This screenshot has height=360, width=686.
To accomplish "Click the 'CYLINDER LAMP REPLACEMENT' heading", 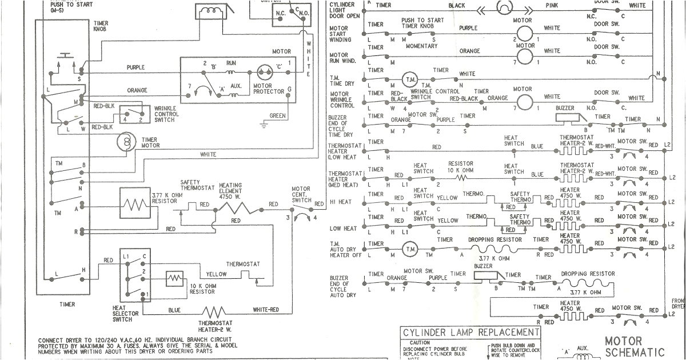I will (470, 333).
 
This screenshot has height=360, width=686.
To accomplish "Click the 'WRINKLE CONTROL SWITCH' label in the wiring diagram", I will (166, 114).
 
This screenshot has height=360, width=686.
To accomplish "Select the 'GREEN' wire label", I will (278, 116).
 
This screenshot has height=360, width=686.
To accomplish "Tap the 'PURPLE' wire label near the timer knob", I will (136, 67).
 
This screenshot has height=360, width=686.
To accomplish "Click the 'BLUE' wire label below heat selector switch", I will (174, 310).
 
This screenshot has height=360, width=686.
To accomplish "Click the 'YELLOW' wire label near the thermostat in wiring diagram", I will (216, 274).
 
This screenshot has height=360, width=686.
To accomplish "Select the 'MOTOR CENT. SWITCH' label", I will (301, 194).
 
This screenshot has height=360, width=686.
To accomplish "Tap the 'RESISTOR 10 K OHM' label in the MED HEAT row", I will (460, 167).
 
